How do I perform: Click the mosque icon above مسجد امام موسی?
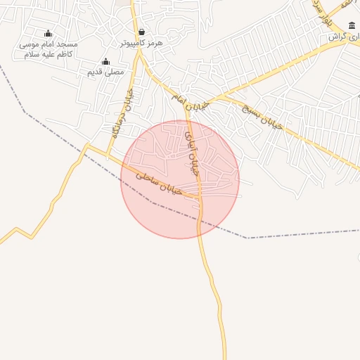[x=49, y=33]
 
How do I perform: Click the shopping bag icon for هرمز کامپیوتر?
[x=142, y=32]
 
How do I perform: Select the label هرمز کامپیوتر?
[x=141, y=43]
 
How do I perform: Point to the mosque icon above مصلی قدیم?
[x=106, y=61]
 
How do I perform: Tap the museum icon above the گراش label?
[x=352, y=25]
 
